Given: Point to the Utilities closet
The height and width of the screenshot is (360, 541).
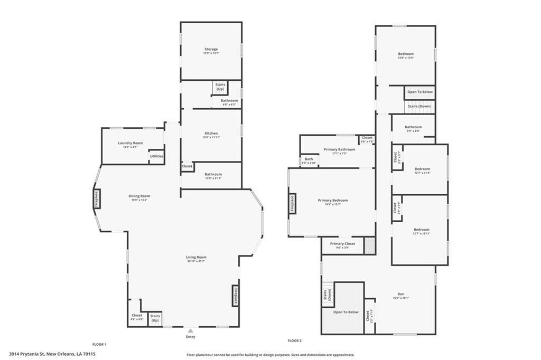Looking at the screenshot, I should (156, 156).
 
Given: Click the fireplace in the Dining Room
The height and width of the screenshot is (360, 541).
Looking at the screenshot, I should (97, 200).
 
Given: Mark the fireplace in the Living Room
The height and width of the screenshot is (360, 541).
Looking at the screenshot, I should (235, 296).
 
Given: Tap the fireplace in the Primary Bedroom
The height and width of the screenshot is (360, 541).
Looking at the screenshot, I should (292, 204).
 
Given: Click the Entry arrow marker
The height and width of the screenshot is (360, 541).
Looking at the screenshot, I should (190, 331).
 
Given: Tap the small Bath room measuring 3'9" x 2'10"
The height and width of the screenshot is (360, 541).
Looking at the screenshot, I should (309, 160).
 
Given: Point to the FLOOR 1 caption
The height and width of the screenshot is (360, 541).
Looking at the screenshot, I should (99, 344).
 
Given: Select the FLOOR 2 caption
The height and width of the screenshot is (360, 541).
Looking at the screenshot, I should (294, 340).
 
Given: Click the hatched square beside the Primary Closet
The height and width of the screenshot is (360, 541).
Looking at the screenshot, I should (370, 246).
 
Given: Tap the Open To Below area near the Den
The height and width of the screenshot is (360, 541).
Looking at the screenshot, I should (346, 311).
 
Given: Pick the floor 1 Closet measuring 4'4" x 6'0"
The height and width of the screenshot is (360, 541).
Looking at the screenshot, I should (136, 317).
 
